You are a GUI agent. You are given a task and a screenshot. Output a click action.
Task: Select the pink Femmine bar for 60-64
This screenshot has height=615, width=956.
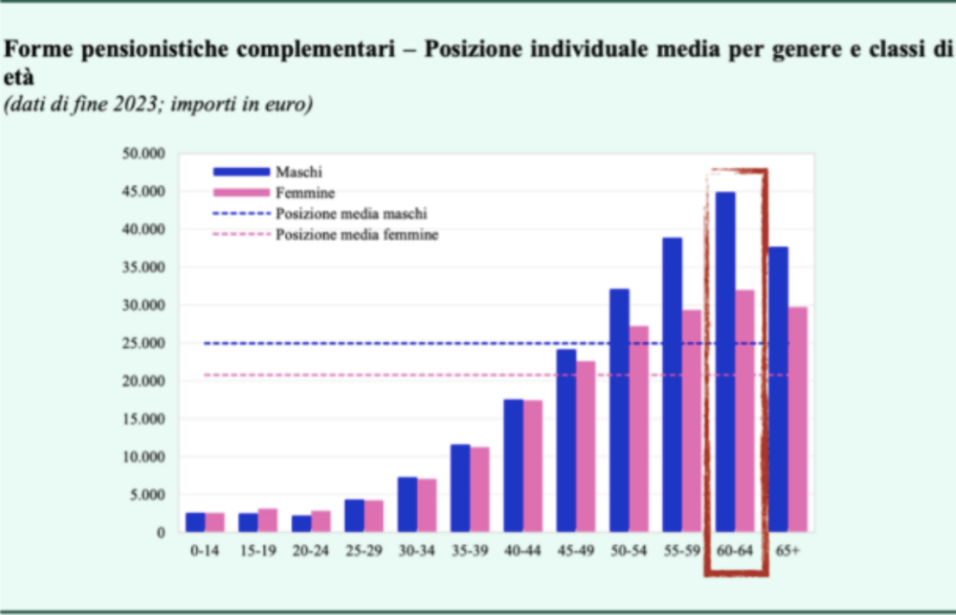746,411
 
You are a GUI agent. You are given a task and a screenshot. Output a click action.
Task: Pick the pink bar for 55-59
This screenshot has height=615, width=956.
692,421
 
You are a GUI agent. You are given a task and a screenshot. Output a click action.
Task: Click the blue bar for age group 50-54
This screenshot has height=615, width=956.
619,411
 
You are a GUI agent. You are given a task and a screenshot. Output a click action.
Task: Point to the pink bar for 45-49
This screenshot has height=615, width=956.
585,446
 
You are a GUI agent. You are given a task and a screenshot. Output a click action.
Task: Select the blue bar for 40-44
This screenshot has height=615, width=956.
513,466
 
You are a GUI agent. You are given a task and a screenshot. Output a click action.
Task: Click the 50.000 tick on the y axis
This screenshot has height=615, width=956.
142,153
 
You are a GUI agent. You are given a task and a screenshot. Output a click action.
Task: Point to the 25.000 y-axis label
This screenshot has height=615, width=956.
142,343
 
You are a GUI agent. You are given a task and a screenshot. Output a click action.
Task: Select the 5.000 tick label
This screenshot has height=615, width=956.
146,495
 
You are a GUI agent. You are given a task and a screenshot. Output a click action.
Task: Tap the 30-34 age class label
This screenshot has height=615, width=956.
416,552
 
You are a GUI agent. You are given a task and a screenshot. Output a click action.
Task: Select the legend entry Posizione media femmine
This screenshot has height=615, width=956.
357,235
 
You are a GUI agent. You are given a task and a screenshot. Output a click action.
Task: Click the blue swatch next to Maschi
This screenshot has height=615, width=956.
242,172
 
